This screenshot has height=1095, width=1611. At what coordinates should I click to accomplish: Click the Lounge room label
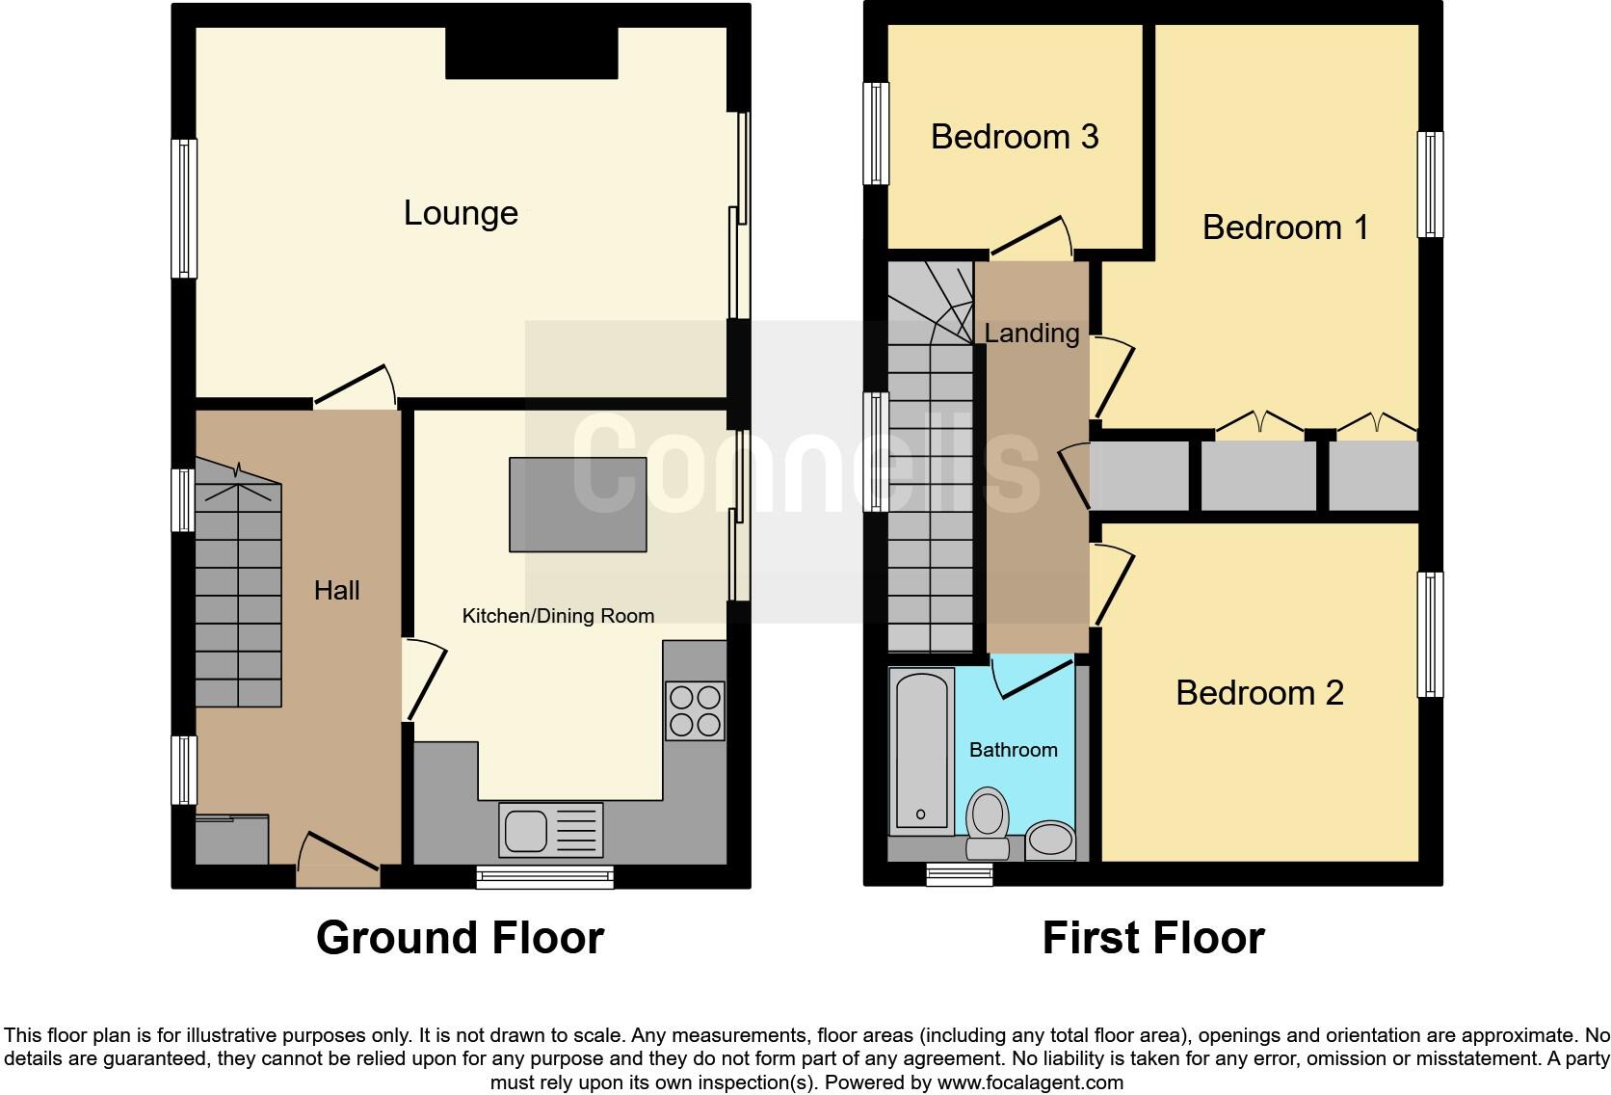click(461, 213)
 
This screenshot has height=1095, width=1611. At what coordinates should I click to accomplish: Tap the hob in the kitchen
click(695, 710)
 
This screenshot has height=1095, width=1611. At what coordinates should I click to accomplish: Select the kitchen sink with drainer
click(550, 830)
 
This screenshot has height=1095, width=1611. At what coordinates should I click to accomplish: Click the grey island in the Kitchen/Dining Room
click(578, 505)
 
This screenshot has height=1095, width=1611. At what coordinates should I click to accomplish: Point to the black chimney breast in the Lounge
click(531, 52)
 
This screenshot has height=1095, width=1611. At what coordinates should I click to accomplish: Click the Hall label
click(336, 590)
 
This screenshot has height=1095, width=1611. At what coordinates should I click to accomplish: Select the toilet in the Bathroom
click(987, 823)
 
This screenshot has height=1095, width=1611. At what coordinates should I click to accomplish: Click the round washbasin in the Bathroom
click(1050, 841)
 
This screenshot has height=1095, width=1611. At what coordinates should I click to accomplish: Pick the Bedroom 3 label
click(1015, 137)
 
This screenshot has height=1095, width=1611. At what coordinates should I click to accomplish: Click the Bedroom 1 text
click(1284, 227)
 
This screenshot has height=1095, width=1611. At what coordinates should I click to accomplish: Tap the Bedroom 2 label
click(1259, 693)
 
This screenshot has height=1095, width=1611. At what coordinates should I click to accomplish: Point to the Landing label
click(1031, 334)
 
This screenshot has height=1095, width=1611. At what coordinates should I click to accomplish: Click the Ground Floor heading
click(460, 938)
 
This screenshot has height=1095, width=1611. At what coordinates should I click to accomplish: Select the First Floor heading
click(1152, 938)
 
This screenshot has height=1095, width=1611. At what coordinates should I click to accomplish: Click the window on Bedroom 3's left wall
click(876, 133)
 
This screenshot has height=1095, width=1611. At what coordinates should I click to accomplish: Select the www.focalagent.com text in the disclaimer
click(1029, 1082)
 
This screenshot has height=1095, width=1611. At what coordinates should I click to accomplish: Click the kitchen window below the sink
click(545, 876)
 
